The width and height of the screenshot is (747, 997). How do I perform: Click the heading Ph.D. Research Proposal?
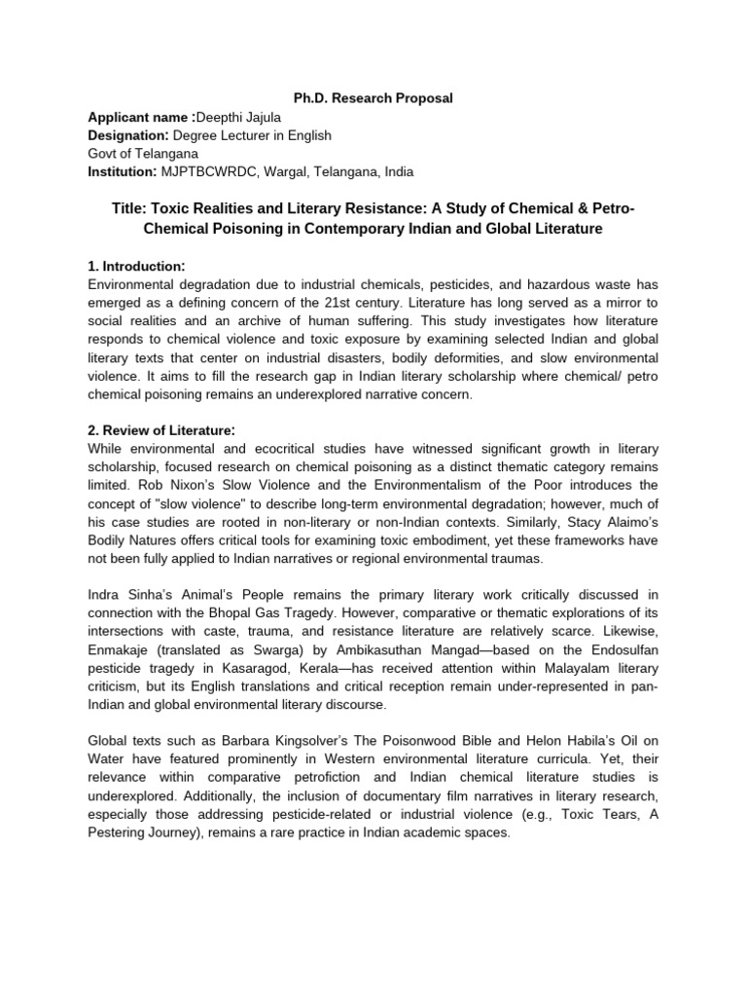click(x=373, y=98)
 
